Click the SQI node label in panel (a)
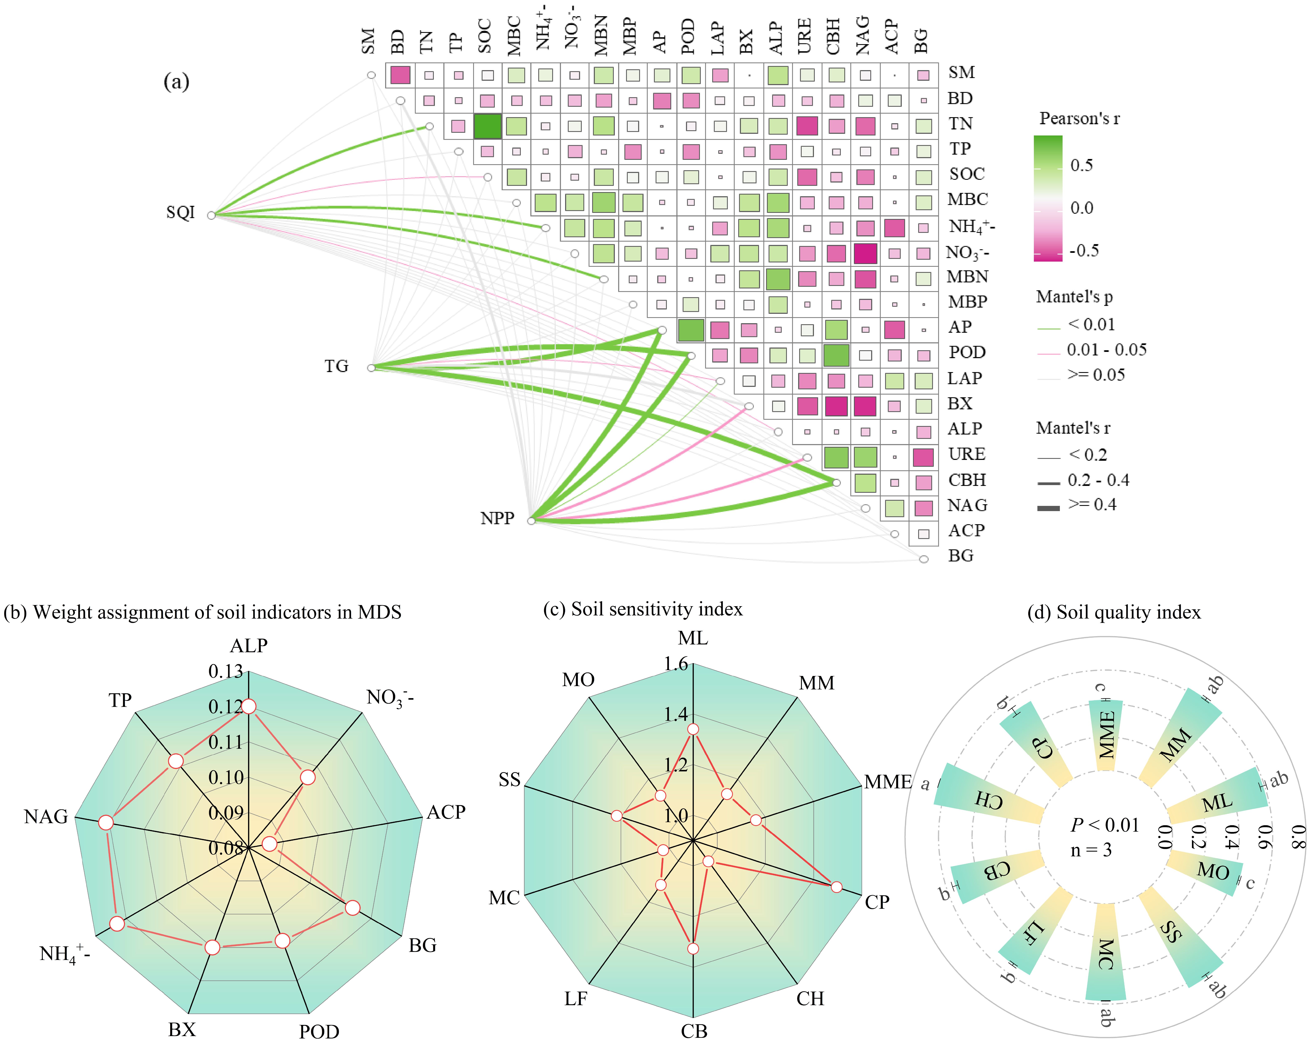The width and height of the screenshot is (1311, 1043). [181, 212]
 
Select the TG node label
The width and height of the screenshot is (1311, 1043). [336, 366]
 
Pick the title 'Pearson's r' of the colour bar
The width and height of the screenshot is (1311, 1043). [1079, 119]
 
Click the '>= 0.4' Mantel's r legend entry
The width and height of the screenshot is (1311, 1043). [1091, 505]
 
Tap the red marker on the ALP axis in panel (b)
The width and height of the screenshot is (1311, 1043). [249, 706]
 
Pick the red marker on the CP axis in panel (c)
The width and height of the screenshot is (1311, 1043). [837, 887]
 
